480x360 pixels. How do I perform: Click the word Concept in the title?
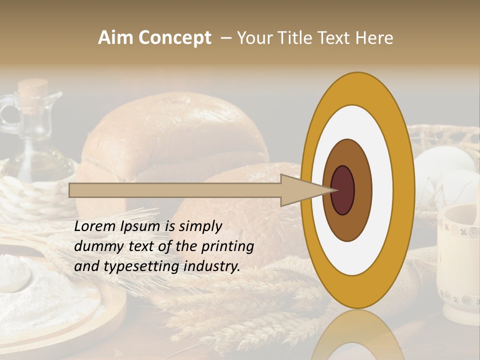tap(174, 38)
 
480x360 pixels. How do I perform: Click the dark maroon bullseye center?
tap(342, 190)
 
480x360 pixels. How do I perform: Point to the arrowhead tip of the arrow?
tap(336, 190)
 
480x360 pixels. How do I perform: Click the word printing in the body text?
tap(227, 246)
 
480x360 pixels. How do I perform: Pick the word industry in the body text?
tap(211, 266)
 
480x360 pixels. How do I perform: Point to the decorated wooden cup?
tap(458, 265)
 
